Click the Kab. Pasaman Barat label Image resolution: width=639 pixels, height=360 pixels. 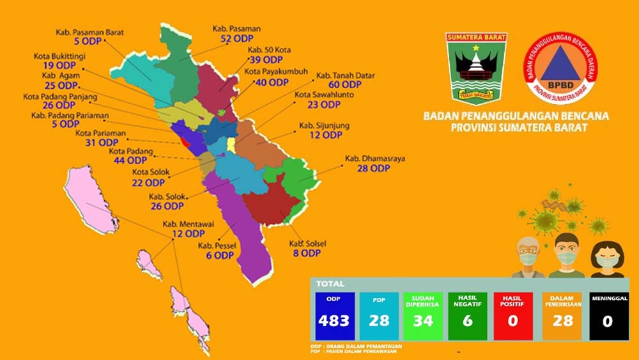(x=89, y=31)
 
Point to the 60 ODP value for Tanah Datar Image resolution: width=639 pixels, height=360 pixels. (x=345, y=84)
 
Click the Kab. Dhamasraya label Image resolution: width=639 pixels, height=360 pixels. (x=374, y=158)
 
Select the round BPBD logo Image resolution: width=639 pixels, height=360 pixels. (x=560, y=68)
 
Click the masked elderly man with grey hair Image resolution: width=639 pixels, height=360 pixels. (x=528, y=255)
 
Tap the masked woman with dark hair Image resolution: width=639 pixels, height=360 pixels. (x=606, y=258)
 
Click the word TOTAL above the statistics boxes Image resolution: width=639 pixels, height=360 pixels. (x=330, y=283)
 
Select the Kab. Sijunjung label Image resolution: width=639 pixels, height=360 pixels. (x=324, y=125)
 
